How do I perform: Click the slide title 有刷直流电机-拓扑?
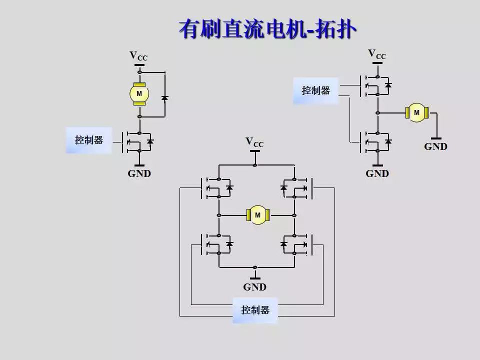267,29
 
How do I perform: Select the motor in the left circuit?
139,93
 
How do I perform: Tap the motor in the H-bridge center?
258,215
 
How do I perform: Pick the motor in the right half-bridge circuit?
416,113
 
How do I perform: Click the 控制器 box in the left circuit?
89,140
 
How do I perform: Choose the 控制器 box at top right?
315,90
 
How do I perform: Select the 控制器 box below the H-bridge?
255,310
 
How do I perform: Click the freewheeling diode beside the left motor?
164,97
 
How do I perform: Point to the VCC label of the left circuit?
138,56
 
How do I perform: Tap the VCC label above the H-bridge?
254,142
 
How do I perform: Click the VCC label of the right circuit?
377,54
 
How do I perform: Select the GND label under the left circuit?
139,174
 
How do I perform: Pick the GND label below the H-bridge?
254,287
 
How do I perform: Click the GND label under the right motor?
435,146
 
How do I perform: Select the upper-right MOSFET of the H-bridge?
297,188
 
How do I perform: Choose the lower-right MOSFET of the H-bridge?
297,244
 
